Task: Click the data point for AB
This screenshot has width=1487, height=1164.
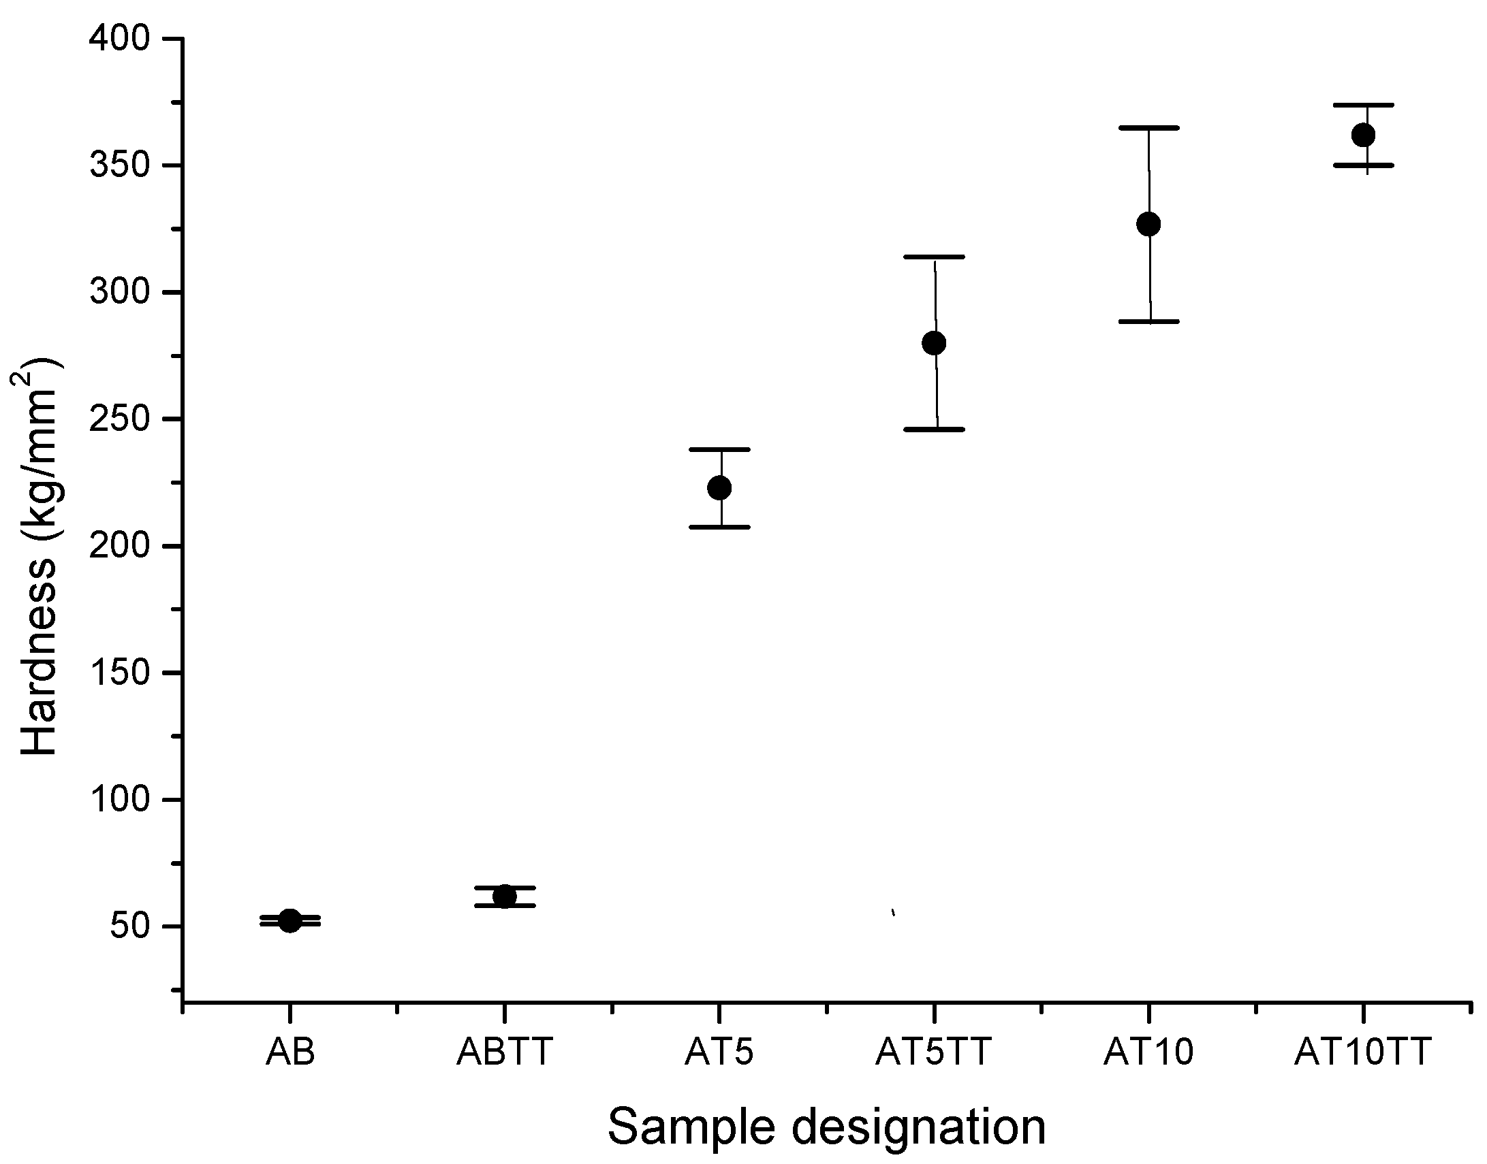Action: pyautogui.click(x=289, y=921)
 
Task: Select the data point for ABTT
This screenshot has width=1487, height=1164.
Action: pyautogui.click(x=505, y=896)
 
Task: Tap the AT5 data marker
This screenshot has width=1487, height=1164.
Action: pyautogui.click(x=720, y=488)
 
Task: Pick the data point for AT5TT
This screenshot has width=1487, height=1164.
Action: pyautogui.click(x=934, y=343)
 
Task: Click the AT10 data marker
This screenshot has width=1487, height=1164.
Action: pyautogui.click(x=1149, y=224)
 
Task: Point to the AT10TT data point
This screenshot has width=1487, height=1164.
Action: pyautogui.click(x=1363, y=135)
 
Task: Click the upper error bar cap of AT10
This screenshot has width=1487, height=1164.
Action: pyautogui.click(x=1149, y=127)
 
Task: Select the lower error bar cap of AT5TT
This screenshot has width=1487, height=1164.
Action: pyautogui.click(x=935, y=430)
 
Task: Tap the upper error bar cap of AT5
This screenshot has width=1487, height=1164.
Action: pyautogui.click(x=720, y=449)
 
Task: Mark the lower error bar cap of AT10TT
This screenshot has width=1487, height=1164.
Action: pyautogui.click(x=1363, y=165)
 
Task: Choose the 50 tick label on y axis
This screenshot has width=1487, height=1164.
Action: pyautogui.click(x=129, y=926)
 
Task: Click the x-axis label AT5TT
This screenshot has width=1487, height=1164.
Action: pyautogui.click(x=933, y=1052)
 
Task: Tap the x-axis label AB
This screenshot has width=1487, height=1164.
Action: pyautogui.click(x=290, y=1052)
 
